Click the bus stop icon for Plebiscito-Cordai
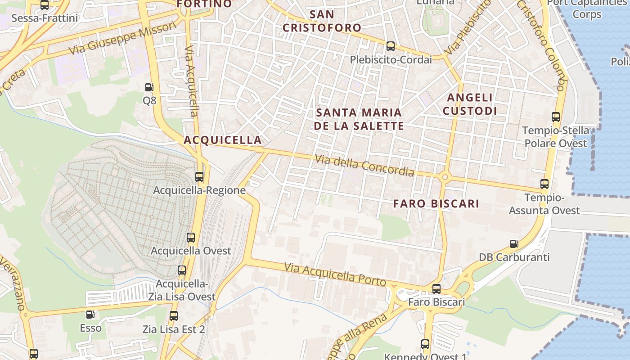(x=390, y=46)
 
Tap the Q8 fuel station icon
(x=149, y=87)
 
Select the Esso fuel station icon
(x=90, y=315)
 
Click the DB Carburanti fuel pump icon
(x=514, y=244)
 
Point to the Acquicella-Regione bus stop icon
(x=199, y=177)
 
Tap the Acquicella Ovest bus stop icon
(x=191, y=237)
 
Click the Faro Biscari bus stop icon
(x=436, y=288)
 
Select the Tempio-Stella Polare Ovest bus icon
(x=556, y=117)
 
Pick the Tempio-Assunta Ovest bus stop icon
(x=544, y=184)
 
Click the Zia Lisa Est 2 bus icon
(x=174, y=316)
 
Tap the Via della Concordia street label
(x=364, y=165)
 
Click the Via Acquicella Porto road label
(x=335, y=274)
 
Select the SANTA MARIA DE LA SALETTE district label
(x=359, y=119)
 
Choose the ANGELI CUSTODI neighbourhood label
(x=470, y=104)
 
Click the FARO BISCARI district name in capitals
(x=436, y=203)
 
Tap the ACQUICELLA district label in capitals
(x=223, y=140)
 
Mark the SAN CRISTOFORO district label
(x=322, y=21)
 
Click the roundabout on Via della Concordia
(x=445, y=177)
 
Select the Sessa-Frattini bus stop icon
(x=45, y=5)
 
